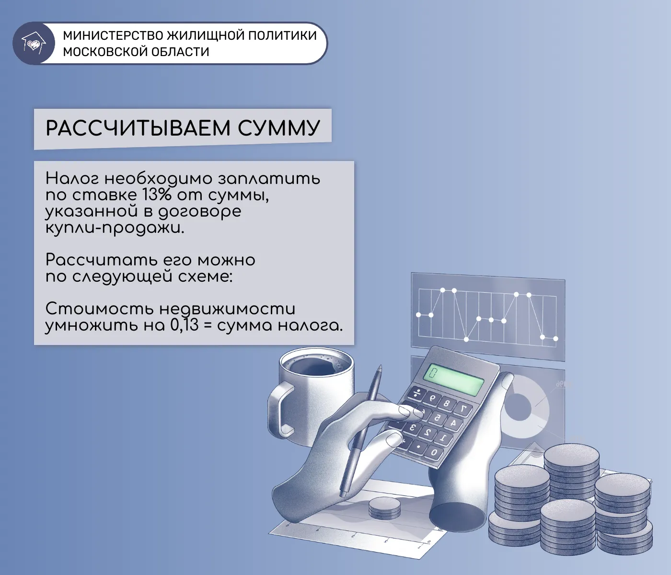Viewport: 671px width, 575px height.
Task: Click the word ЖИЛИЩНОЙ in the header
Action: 212,35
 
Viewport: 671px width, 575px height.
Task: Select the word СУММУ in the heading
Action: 278,128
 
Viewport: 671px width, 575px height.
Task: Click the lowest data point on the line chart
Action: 466,339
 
